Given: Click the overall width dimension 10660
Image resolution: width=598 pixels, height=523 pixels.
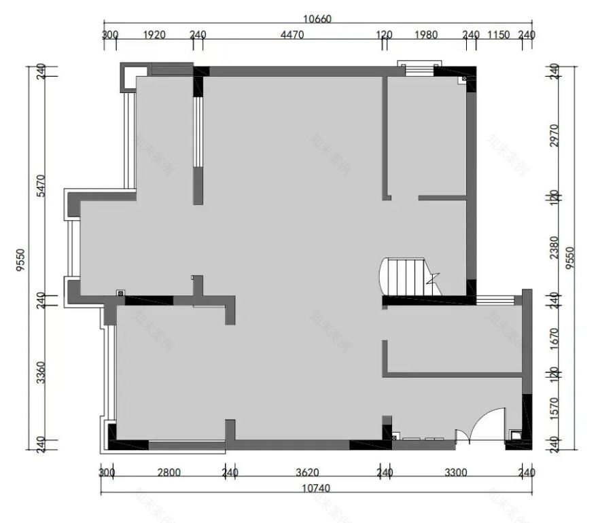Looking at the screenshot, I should tap(316, 19).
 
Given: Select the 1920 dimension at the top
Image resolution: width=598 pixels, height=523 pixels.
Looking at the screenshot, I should tap(154, 35).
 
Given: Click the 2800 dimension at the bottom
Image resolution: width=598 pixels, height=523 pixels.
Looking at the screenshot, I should tap(168, 473).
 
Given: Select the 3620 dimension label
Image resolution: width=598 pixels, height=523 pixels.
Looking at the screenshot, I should tap(307, 473).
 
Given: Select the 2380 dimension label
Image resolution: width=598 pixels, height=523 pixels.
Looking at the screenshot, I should tap(554, 247).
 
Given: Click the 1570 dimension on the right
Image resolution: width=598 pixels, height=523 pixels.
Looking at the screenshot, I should tap(554, 408).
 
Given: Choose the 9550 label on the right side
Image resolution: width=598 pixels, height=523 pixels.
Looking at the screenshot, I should tap(573, 258).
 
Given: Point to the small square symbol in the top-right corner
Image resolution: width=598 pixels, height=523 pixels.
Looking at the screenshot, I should tap(465, 79).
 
